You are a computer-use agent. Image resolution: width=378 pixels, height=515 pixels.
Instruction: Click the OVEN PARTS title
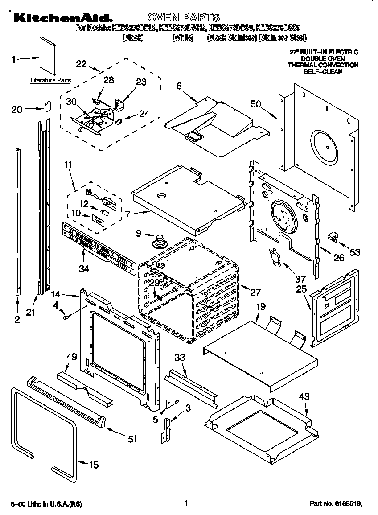coord(183,17)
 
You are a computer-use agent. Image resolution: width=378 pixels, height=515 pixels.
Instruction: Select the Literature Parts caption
coord(50,80)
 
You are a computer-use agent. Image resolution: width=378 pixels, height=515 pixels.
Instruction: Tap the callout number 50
coord(255,104)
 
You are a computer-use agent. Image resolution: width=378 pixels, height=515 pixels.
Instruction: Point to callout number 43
coord(304,396)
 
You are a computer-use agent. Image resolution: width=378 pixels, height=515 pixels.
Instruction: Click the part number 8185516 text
coord(336,503)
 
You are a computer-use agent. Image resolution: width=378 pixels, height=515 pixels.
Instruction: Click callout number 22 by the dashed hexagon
coord(81,64)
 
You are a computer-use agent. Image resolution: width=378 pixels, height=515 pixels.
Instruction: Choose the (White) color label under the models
coord(183,38)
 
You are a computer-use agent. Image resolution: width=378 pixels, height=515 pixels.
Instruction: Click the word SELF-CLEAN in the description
coord(323,71)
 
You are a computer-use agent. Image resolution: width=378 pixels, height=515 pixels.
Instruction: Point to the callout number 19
coord(261,306)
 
